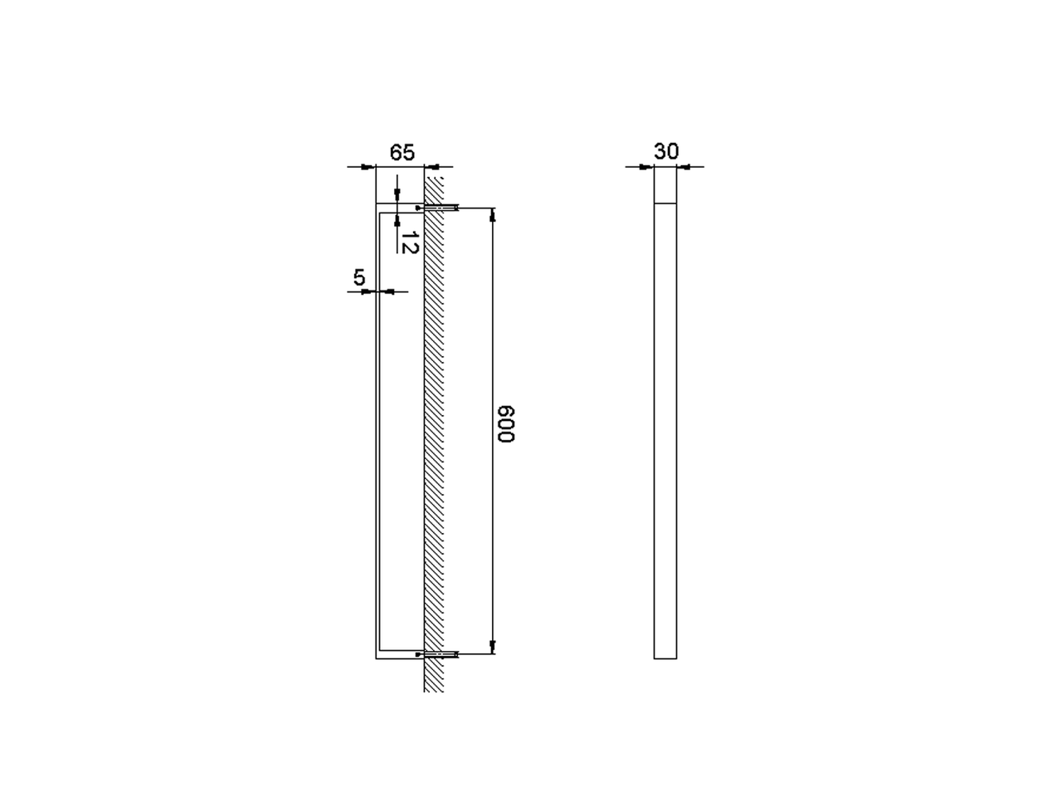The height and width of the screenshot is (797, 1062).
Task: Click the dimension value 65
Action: pos(402,153)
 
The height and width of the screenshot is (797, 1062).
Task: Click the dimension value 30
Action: pos(666,151)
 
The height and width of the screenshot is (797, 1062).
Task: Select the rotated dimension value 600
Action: pos(506,423)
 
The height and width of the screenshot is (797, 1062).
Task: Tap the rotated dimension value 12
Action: pos(410,242)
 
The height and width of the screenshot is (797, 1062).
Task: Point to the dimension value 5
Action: pos(359,278)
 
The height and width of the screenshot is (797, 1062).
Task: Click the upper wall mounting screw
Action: pos(437,208)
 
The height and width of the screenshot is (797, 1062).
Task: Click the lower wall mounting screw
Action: pos(437,654)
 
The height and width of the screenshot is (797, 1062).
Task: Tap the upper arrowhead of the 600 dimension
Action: pos(493,214)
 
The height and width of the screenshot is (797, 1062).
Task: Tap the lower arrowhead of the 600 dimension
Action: pos(493,647)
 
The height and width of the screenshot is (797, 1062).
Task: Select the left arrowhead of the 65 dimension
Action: pos(369,167)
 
